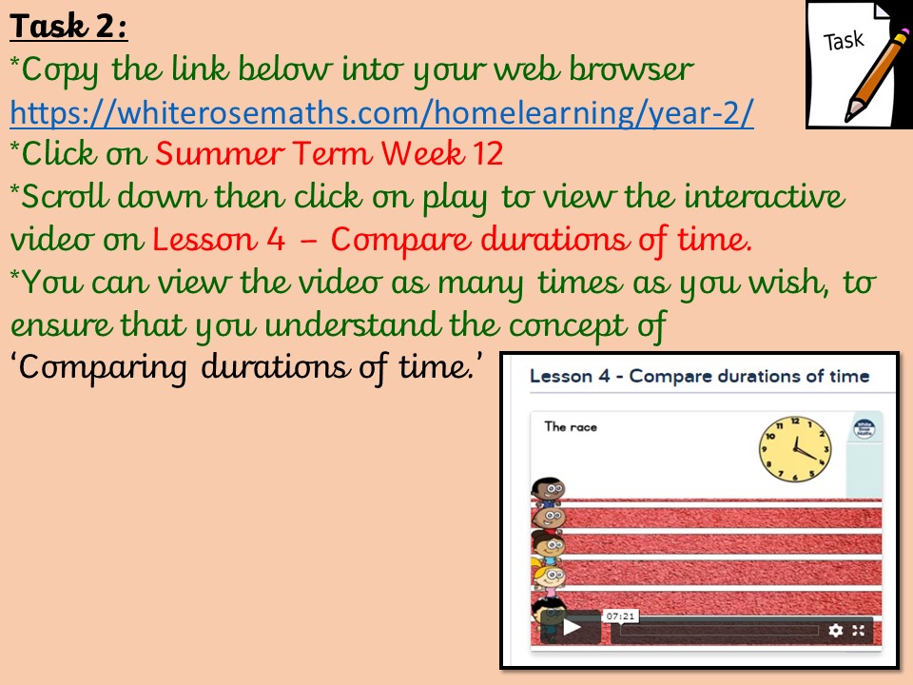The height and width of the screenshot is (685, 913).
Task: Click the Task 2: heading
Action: tap(68, 27)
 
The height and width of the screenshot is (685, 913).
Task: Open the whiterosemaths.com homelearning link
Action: tap(382, 112)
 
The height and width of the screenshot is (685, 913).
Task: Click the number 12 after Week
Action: tap(487, 154)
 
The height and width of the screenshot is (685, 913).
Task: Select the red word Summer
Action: tap(220, 154)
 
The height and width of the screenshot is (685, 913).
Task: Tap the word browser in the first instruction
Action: tap(631, 69)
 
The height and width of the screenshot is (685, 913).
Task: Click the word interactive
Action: tap(764, 196)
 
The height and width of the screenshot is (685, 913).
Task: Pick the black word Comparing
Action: tap(103, 368)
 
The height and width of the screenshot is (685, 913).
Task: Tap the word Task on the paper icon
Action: tap(844, 41)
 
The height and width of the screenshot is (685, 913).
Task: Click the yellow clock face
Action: tap(795, 449)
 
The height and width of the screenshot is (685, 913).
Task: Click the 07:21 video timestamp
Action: tap(620, 616)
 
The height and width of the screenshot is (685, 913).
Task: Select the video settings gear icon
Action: tap(836, 630)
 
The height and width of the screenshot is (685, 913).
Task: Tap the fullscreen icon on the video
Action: tap(858, 630)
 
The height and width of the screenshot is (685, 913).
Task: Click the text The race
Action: tap(571, 427)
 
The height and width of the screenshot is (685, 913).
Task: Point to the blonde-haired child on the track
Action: tap(548, 576)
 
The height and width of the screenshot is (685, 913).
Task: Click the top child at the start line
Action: tap(548, 491)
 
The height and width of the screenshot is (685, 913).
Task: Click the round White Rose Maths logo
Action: tap(864, 429)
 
